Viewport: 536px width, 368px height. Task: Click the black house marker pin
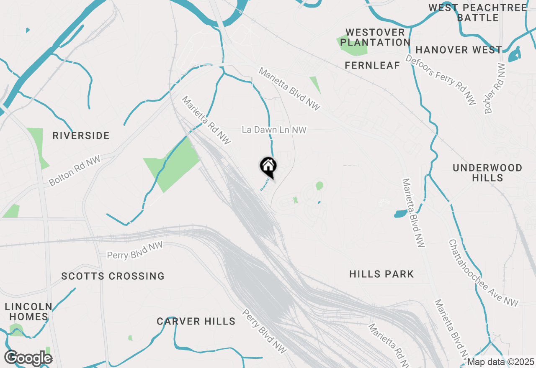[268, 166]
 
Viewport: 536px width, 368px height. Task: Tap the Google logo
[28, 358]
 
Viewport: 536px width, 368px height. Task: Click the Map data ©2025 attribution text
[501, 362]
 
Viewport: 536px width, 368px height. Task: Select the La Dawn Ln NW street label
[274, 130]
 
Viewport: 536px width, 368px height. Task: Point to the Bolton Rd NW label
[75, 171]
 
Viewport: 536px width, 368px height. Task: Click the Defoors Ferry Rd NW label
[440, 80]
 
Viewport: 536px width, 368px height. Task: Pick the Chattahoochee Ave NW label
[483, 273]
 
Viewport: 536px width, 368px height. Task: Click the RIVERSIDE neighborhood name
[81, 135]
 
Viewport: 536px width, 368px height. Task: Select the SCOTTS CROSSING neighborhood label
[113, 276]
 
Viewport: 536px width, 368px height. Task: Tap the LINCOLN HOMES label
[28, 312]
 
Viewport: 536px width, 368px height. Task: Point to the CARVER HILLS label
[196, 321]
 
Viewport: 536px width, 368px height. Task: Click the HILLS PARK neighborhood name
[381, 274]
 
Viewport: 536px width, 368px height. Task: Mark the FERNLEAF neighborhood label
[372, 65]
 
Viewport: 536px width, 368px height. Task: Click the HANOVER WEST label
[459, 50]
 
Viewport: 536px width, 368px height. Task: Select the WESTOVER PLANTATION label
[375, 37]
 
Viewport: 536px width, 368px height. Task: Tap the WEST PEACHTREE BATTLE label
[477, 13]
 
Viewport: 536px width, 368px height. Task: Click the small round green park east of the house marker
[320, 185]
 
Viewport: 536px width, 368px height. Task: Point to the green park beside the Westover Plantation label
[352, 46]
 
